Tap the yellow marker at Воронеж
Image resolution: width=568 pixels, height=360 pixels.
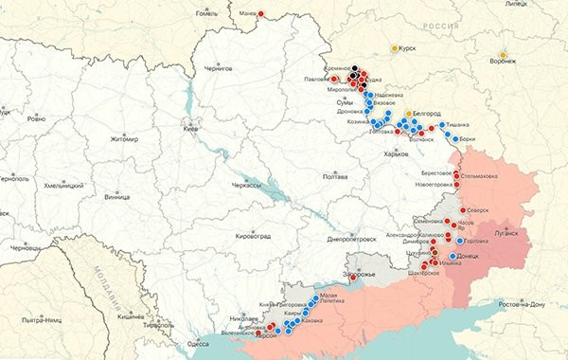(503, 52)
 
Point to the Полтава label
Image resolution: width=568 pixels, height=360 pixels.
(335, 176)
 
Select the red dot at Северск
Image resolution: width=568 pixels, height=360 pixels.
(463, 210)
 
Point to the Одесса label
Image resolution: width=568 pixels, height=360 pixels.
(199, 343)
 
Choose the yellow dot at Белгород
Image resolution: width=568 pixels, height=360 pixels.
(409, 114)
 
